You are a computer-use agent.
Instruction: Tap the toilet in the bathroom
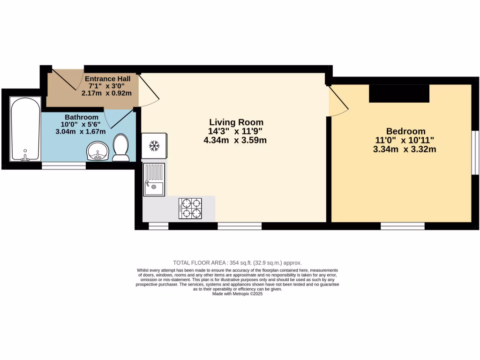121,148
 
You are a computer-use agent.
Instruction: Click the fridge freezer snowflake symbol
154,146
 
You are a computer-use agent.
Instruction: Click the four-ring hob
190,208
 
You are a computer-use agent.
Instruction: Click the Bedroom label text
405,131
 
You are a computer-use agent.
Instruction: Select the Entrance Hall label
107,78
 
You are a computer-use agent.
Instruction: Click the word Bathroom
82,117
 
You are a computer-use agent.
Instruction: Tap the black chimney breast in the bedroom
399,93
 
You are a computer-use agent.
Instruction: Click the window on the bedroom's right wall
474,152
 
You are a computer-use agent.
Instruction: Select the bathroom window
64,165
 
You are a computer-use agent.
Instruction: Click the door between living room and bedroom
337,101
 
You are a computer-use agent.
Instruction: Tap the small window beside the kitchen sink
158,226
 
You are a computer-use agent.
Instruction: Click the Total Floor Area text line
237,263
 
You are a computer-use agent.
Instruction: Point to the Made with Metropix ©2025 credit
237,294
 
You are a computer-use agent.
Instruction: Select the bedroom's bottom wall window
402,226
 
